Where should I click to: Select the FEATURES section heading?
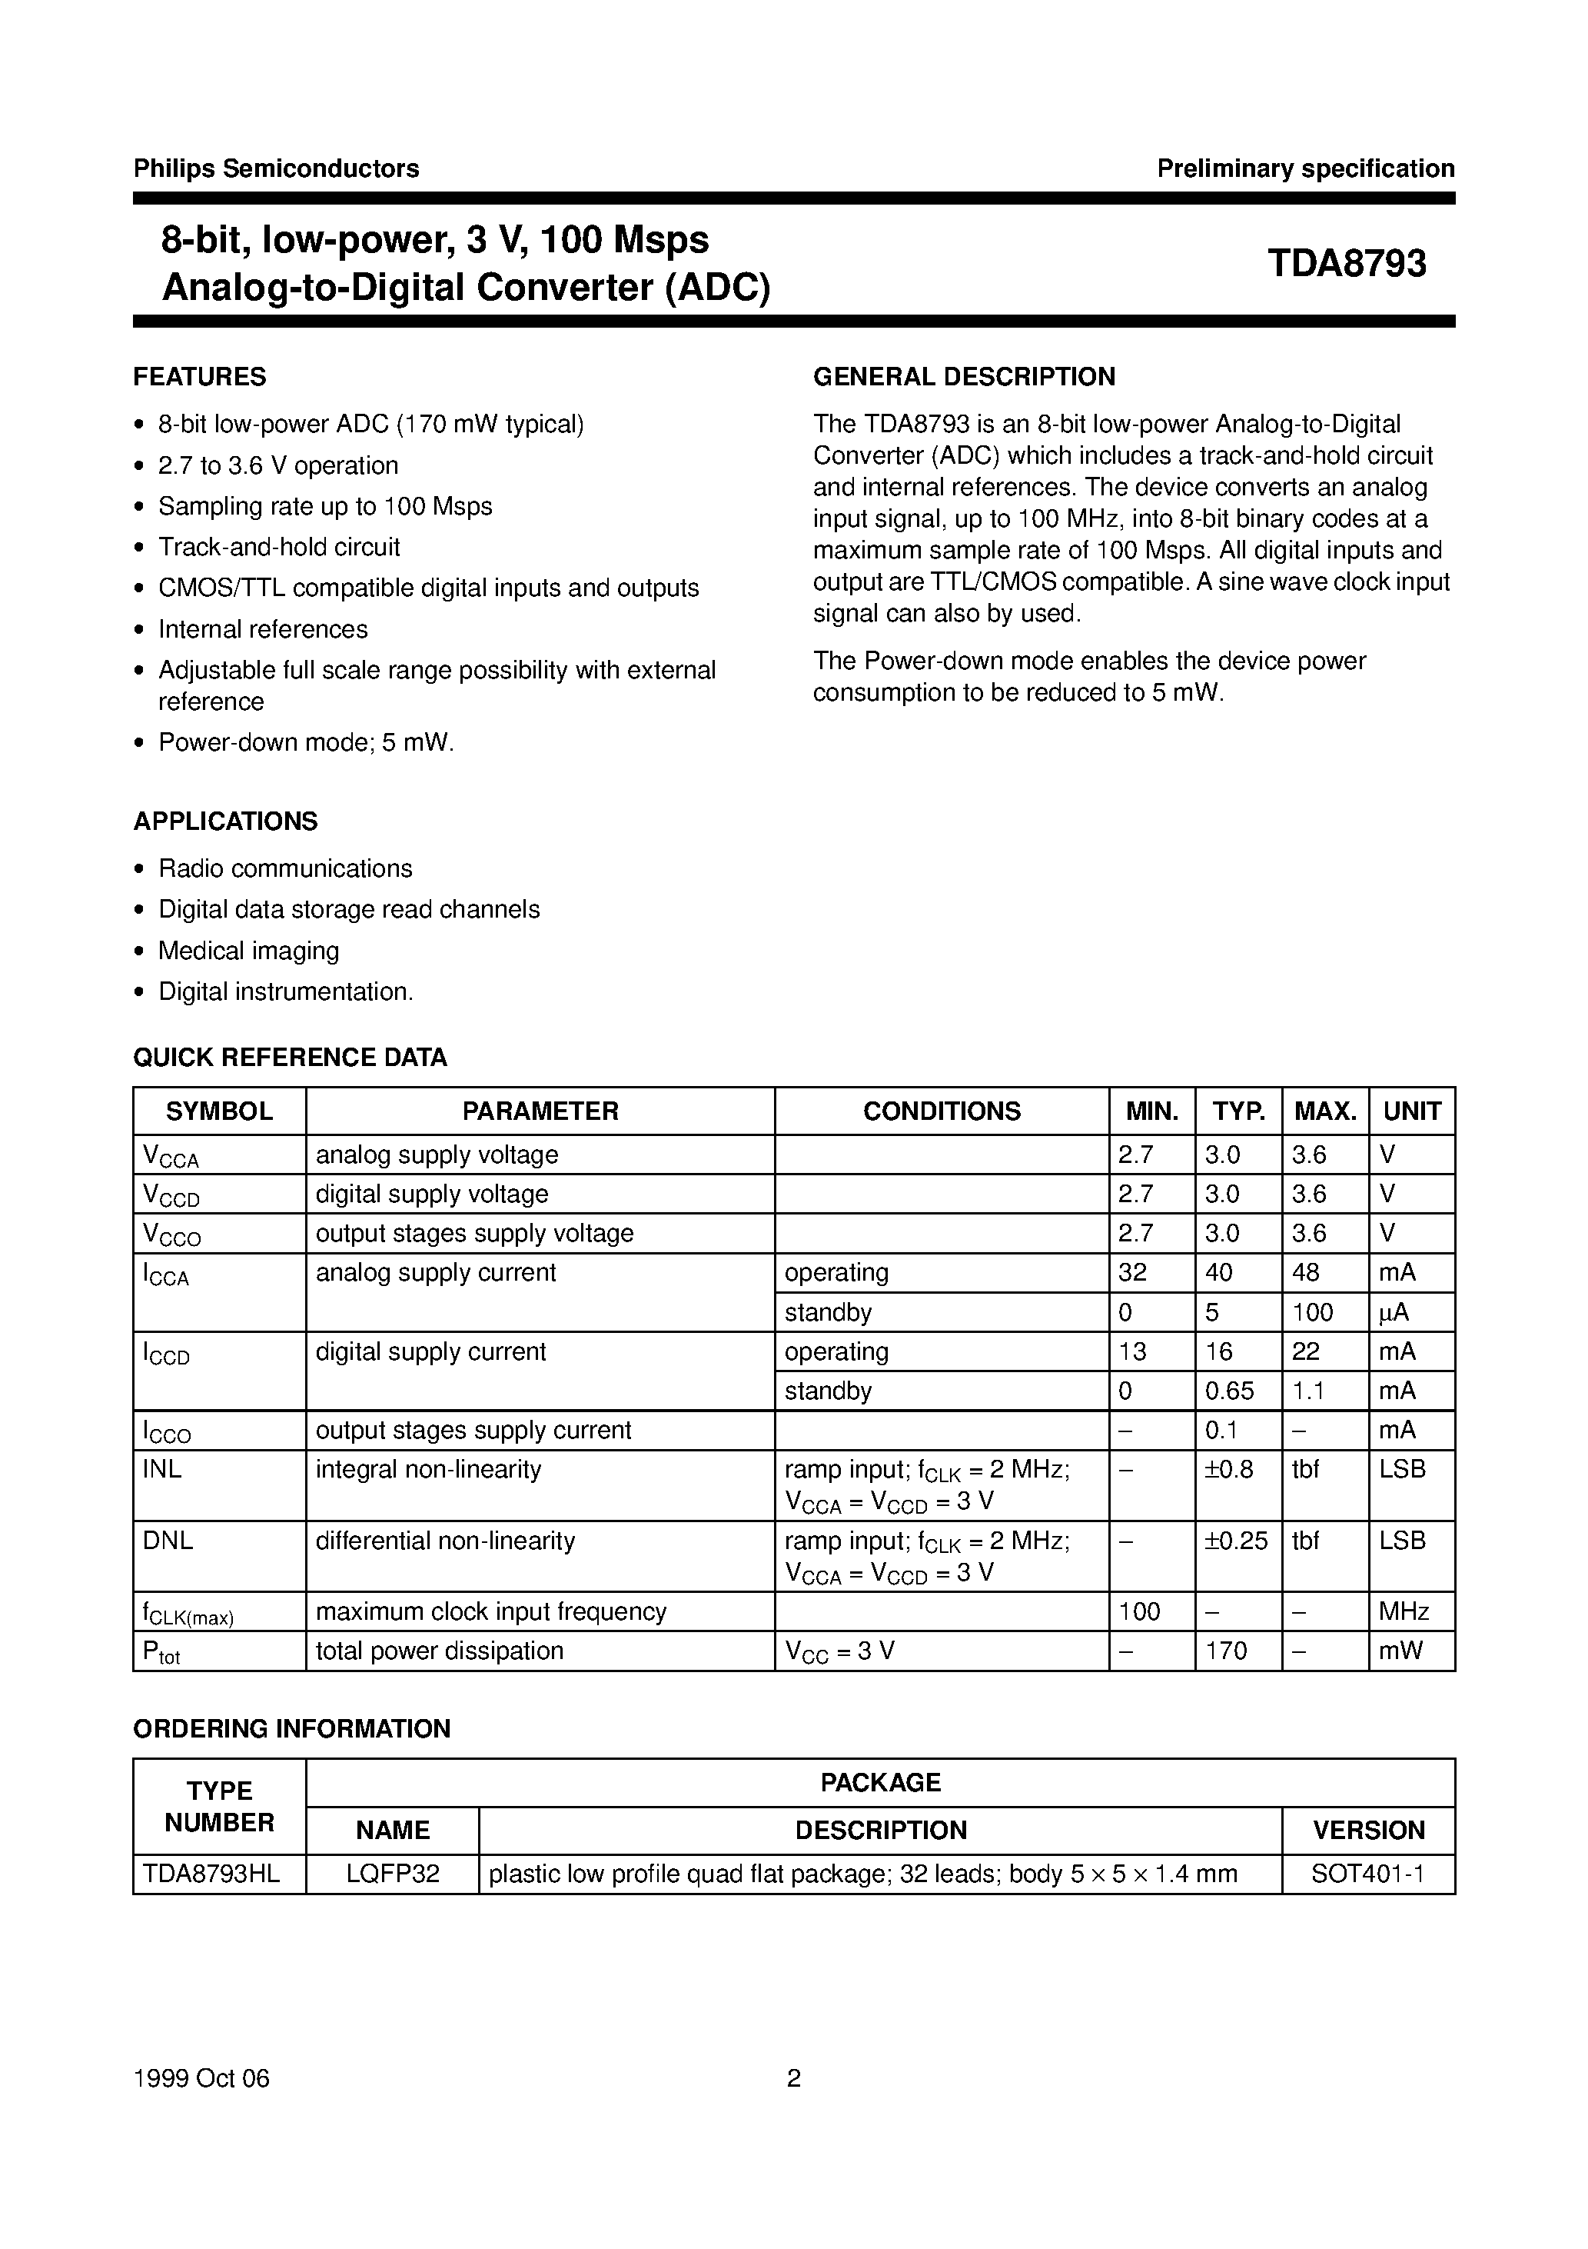(200, 377)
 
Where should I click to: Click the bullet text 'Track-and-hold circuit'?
(279, 547)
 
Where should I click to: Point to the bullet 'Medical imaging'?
(249, 950)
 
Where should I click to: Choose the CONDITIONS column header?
(941, 1111)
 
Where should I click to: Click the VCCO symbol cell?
(172, 1234)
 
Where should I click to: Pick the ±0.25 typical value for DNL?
(1237, 1541)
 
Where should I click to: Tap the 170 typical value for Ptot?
(1226, 1651)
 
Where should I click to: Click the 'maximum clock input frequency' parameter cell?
(490, 1611)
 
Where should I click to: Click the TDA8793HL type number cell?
(211, 1874)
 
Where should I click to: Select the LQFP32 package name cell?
(393, 1874)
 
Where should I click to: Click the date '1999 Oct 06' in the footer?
(201, 2078)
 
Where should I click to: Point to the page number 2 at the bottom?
(794, 2078)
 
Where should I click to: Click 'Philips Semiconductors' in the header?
(276, 168)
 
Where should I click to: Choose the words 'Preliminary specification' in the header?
(1305, 168)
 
